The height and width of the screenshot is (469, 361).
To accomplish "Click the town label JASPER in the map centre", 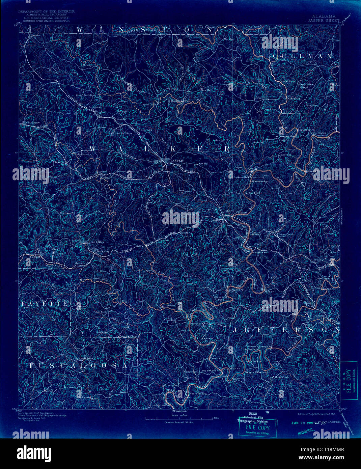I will (176, 161).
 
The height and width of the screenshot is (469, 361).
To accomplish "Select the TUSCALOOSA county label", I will (79, 366).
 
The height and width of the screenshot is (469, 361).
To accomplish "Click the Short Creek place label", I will (281, 377).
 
